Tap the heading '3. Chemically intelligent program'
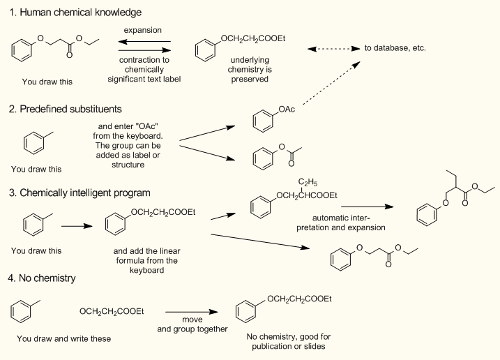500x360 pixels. point(83,193)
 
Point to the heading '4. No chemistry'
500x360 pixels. point(42,278)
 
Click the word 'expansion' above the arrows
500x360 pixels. point(143,31)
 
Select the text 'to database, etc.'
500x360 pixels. point(395,49)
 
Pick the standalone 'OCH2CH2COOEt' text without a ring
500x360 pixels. point(112,311)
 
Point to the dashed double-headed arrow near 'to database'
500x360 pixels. point(333,49)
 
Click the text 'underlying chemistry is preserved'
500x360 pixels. point(249,70)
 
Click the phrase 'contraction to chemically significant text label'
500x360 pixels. point(144,70)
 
